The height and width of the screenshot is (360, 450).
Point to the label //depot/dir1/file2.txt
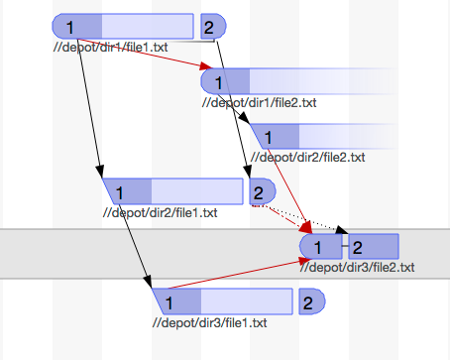click(259, 102)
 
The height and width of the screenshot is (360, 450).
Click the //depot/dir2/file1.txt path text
click(160, 211)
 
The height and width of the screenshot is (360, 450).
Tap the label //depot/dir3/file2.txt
click(358, 267)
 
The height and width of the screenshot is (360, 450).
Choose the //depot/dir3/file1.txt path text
click(209, 322)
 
